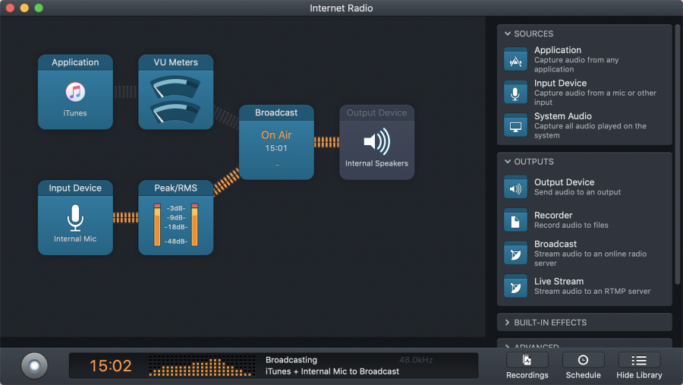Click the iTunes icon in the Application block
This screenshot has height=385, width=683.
[75, 93]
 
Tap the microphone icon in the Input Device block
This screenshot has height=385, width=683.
[75, 218]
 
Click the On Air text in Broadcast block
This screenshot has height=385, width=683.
[276, 135]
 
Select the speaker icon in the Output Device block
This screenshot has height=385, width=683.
[376, 142]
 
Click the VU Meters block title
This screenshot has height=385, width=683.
[175, 62]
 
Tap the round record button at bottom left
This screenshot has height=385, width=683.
[34, 365]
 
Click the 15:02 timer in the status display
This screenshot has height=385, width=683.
[111, 366]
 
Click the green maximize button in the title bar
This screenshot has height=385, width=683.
[39, 8]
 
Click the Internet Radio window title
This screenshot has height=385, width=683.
[341, 8]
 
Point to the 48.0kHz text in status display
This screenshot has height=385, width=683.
[415, 360]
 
